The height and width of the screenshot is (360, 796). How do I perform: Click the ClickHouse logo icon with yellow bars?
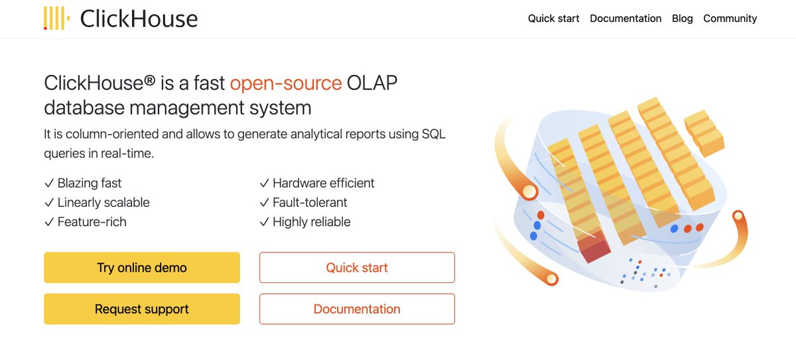(x=56, y=19)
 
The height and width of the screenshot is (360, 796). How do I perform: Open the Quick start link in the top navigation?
(x=553, y=19)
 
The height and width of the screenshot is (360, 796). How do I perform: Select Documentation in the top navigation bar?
(x=626, y=19)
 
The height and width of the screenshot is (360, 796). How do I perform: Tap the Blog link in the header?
(x=682, y=19)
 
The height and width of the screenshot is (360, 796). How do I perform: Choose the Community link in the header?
(x=730, y=19)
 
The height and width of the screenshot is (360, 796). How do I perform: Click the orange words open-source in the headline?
(x=285, y=83)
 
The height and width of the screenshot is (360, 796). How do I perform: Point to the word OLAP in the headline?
(x=373, y=83)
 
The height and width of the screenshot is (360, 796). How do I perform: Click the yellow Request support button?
(x=142, y=309)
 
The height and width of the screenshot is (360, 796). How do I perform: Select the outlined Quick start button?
(x=357, y=268)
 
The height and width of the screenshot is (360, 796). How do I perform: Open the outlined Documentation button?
(x=357, y=309)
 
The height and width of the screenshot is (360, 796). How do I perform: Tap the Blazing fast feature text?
(x=90, y=183)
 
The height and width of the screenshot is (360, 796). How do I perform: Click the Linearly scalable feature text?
(x=103, y=202)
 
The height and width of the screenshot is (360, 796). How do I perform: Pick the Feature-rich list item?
(x=92, y=221)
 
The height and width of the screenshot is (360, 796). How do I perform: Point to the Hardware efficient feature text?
(x=323, y=183)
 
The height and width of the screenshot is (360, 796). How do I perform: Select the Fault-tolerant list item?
(x=310, y=202)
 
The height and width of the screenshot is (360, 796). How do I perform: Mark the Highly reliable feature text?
(x=311, y=221)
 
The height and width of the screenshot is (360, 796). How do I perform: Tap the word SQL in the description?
(x=434, y=134)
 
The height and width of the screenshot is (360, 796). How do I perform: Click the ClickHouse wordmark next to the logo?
(x=139, y=19)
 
